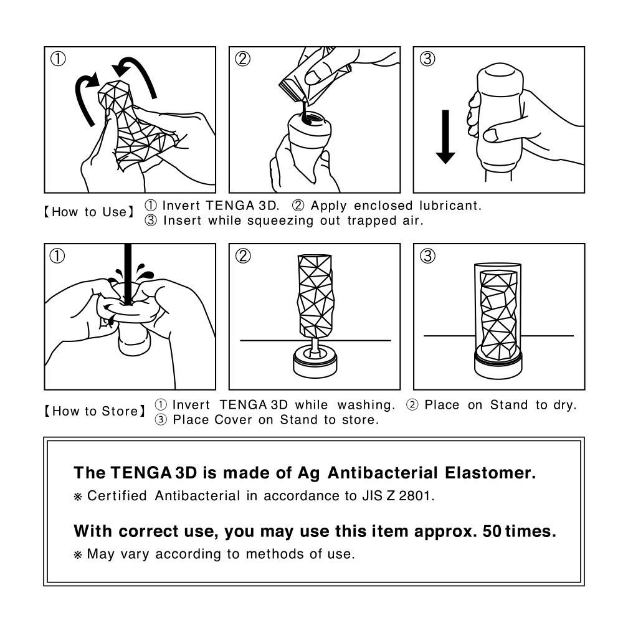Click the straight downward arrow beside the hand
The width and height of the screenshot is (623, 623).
(445, 135)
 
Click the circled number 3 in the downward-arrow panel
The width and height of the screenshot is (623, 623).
(427, 59)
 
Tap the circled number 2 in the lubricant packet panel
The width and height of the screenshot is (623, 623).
(243, 59)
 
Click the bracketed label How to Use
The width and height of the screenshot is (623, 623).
(88, 212)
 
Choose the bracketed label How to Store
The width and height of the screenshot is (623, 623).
(93, 411)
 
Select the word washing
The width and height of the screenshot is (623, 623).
(367, 405)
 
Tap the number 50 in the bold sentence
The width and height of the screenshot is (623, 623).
(492, 531)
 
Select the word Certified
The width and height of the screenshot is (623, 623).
(117, 497)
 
